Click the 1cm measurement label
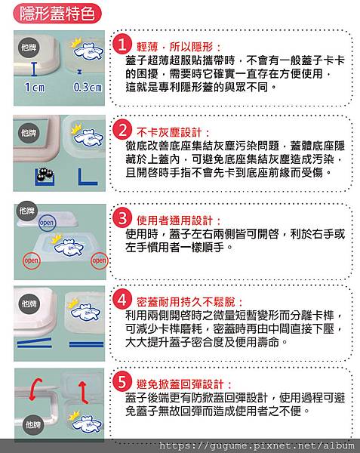(34, 87)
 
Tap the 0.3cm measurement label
(87, 87)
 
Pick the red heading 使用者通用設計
(179, 220)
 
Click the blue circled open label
(47, 223)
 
